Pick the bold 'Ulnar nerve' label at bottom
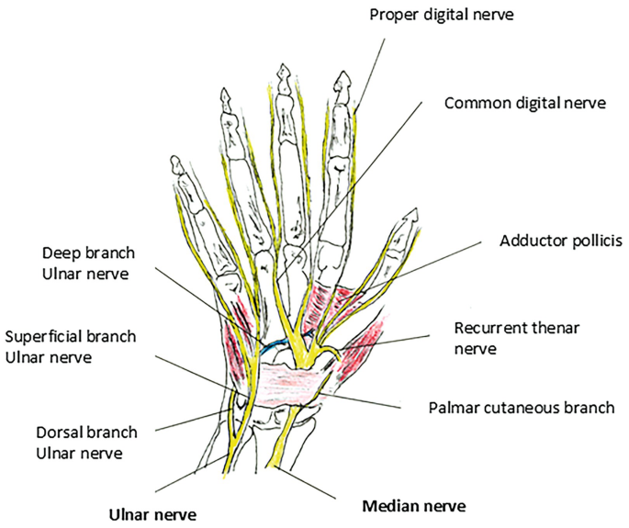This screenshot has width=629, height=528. pos(153,512)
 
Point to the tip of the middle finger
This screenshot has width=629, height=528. pos(286,70)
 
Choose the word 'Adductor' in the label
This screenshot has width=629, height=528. pos(530,242)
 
